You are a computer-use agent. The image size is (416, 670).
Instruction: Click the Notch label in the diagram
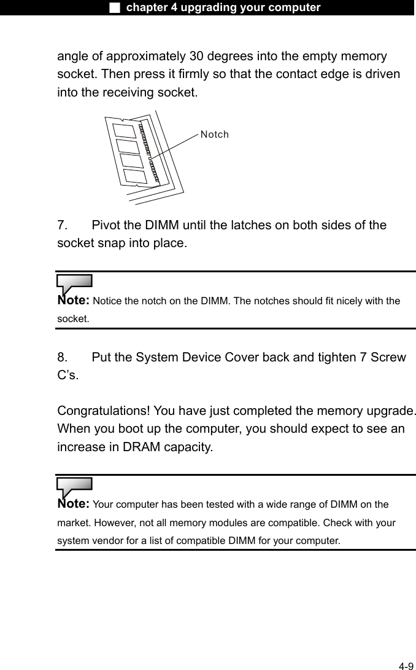pos(214,134)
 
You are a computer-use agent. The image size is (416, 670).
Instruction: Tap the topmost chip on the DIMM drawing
pos(124,130)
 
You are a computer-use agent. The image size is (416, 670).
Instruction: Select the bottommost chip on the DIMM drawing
pos(134,176)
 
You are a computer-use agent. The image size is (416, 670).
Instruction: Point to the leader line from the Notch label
pos(175,146)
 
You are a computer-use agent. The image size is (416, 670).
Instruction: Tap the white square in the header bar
pos(114,7)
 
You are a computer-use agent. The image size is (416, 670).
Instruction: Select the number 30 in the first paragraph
pos(197,57)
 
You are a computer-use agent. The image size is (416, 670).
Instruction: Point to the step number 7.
pos(62,226)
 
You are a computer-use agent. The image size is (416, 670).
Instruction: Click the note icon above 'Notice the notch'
pos(74,284)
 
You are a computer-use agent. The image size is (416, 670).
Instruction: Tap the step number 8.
pos(62,358)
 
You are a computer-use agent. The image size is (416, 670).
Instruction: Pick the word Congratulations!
pos(104,411)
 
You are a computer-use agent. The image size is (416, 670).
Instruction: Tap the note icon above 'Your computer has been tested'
pos(74,487)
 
